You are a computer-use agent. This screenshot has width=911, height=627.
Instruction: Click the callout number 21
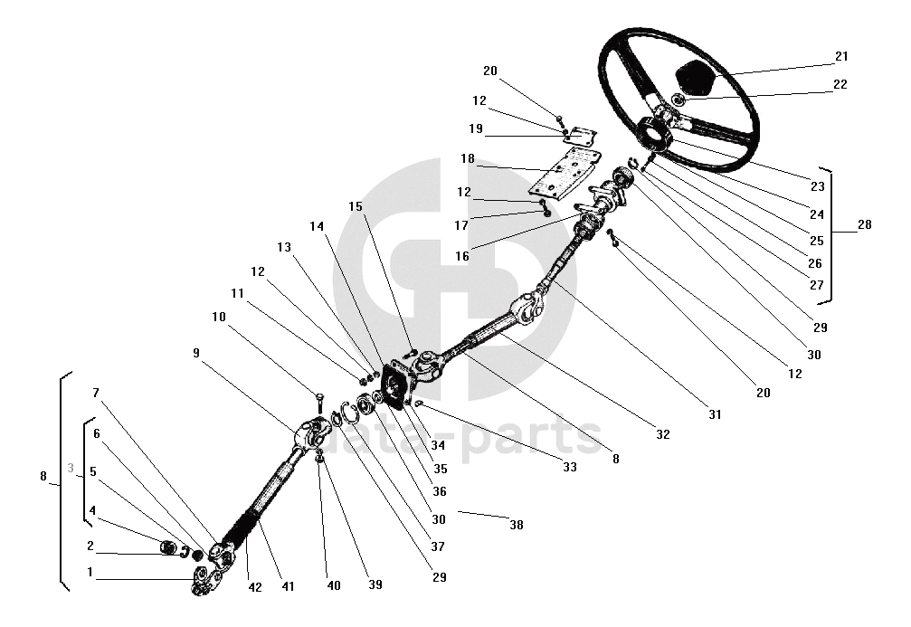[x=841, y=57]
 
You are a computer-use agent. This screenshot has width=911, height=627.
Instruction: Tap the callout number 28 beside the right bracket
[x=864, y=224]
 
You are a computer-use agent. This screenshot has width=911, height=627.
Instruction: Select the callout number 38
[x=516, y=524]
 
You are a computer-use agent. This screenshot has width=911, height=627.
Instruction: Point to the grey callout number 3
[x=71, y=468]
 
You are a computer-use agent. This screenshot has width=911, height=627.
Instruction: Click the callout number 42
[x=254, y=586]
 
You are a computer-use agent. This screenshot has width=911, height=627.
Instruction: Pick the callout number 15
[x=356, y=206]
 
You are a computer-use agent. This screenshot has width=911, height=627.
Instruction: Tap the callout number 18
[x=467, y=158]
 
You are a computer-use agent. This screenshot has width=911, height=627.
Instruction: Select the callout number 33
[x=569, y=469]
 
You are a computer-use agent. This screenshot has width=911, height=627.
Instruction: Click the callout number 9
[x=195, y=354]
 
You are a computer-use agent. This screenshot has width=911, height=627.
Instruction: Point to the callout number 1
[x=90, y=572]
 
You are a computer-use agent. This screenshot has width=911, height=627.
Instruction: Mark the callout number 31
[x=715, y=414]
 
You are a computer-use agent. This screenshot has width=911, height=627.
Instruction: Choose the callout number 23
[x=818, y=186]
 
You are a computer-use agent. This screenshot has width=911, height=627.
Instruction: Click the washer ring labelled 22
[x=679, y=98]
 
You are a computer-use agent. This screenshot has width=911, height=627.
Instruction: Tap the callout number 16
[x=462, y=256]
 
